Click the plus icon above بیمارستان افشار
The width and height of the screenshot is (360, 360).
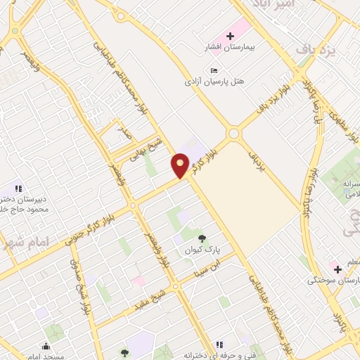pos(231,34)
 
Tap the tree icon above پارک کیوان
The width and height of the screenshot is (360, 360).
pos(202,238)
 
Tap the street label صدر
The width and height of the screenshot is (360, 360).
pos(124,133)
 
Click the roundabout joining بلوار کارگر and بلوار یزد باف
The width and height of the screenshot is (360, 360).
pos(233,133)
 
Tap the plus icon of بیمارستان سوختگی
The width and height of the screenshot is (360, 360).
pos(337,269)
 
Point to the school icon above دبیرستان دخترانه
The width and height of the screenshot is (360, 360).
pos(19,188)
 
